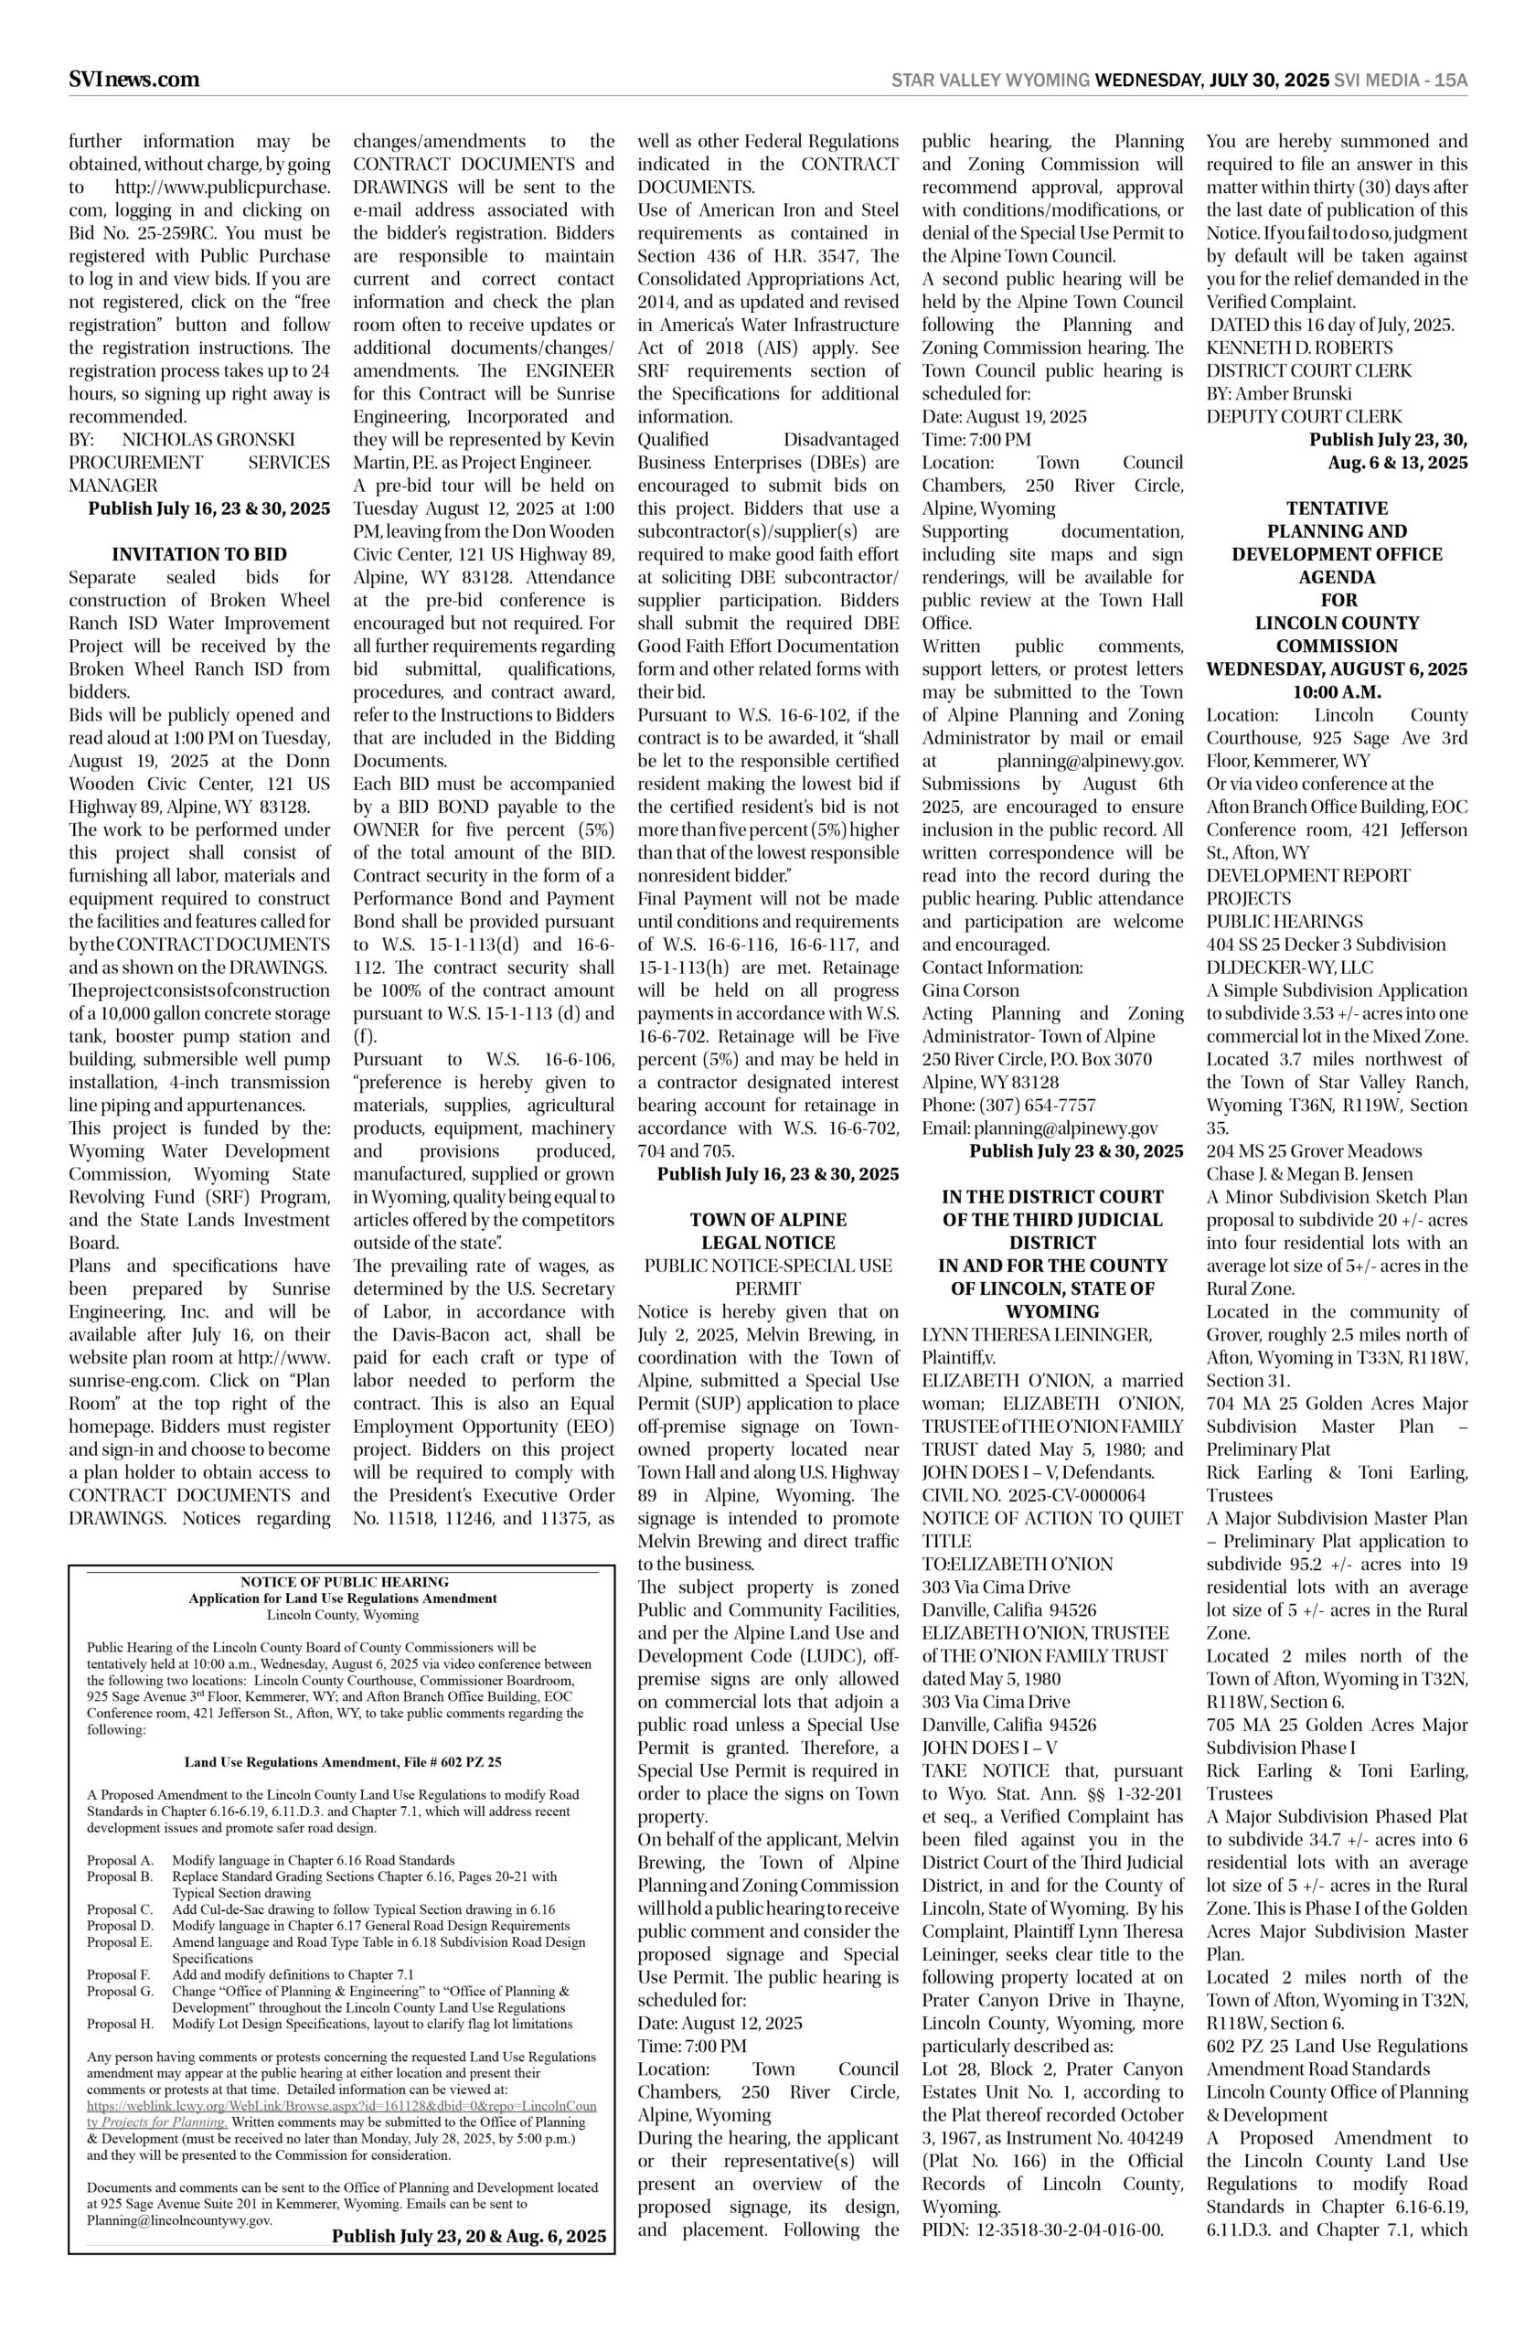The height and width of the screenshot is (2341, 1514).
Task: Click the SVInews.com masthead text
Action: tap(133, 80)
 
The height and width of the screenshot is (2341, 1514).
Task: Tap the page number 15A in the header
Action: tap(1450, 80)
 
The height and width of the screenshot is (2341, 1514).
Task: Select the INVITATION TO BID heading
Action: tap(199, 554)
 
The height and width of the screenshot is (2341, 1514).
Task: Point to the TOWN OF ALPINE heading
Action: tap(768, 1219)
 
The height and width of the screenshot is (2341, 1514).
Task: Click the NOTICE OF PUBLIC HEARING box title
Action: tap(344, 1582)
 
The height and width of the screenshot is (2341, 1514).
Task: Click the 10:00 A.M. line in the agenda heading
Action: tap(1337, 692)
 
